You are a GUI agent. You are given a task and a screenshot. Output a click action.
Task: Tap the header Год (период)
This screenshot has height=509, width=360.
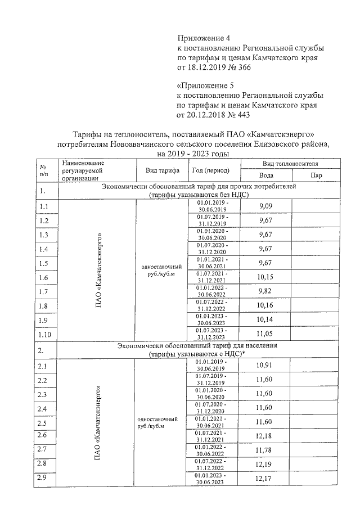(211, 170)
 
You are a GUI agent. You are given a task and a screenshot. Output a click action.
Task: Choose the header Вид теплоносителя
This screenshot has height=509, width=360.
(291, 163)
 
